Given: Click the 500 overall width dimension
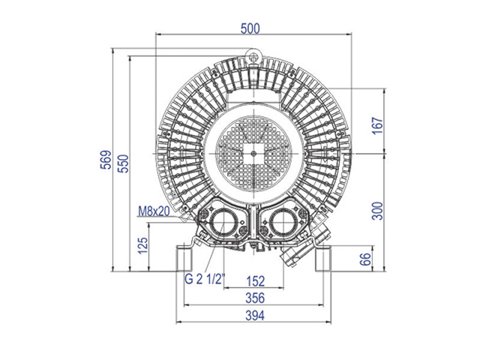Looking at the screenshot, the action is pos(250,28).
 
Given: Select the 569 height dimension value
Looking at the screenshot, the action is pos(106,160).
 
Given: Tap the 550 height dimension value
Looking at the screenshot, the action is pos(123,163).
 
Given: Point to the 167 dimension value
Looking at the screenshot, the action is pos(377,125).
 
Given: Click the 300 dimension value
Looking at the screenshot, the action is pos(377,211).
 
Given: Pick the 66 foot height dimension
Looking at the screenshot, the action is pos(365,259).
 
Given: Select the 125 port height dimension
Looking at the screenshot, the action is pos(142,245).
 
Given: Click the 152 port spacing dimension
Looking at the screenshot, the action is pos(255,281).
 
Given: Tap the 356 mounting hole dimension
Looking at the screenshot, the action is pos(255,298).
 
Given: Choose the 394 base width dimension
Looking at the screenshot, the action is pos(255,315).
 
